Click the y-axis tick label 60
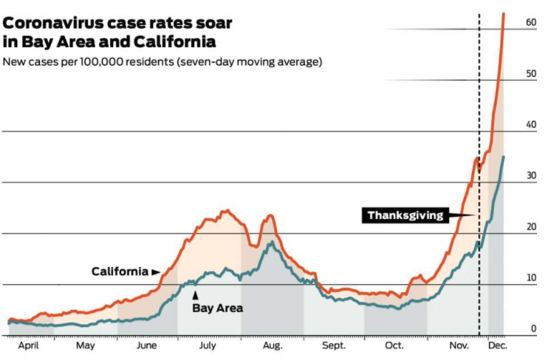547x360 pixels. coord(531,23)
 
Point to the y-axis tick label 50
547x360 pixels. coord(531,74)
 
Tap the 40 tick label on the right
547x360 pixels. coord(531,125)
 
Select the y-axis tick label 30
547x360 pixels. coord(531,175)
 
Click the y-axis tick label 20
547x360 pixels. coord(531,227)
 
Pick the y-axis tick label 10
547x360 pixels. coord(531,278)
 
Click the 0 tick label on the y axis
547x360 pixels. coord(533,329)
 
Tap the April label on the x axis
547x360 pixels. coord(29,346)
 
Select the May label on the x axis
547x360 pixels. coord(85,346)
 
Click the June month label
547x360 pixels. coord(147,346)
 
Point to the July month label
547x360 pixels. coord(207,346)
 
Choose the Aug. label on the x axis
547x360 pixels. coord(272,346)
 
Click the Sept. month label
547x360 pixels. coord(333,346)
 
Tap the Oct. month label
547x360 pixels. coord(394,346)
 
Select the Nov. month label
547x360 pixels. coord(457,346)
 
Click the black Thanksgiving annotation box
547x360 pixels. coord(405,215)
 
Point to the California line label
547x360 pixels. coord(120,272)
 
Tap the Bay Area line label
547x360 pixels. coord(218,308)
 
